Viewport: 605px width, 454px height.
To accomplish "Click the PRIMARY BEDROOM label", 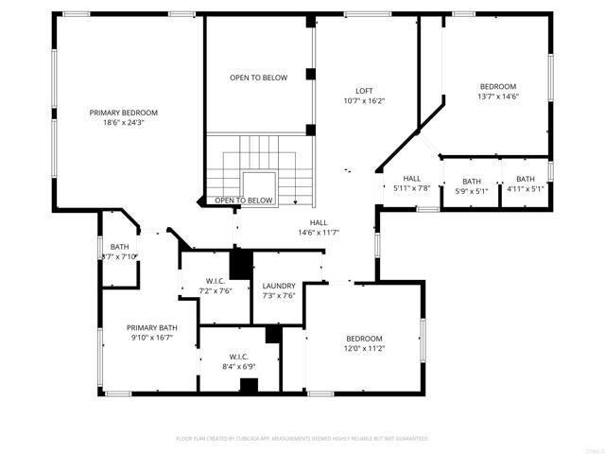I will click(124, 113).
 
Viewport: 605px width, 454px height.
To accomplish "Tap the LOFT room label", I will click(364, 90).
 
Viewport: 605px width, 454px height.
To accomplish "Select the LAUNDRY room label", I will click(279, 286).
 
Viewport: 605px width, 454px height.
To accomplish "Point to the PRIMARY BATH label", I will click(152, 327).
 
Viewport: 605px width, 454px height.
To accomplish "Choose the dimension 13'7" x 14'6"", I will click(498, 96).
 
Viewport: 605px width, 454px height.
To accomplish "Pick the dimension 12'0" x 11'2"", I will click(364, 348).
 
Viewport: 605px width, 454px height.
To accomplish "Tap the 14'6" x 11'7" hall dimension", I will click(319, 232).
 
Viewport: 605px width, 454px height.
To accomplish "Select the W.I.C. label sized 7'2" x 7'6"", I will click(215, 281).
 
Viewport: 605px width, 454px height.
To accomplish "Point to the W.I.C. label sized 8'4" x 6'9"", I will click(237, 357).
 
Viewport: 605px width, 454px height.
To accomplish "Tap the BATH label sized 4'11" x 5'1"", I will click(526, 179).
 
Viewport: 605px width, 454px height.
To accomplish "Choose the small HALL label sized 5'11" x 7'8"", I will click(412, 178).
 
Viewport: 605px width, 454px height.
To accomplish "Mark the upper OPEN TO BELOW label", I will click(258, 78).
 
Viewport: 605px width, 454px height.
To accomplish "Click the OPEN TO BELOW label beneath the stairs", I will click(244, 201).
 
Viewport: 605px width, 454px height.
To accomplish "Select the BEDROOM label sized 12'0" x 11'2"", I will click(364, 339).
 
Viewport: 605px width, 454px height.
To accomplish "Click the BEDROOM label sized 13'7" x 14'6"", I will click(498, 85).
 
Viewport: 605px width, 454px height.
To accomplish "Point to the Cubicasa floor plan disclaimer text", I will click(302, 439).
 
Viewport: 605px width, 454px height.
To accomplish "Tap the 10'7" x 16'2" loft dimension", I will click(364, 100).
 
